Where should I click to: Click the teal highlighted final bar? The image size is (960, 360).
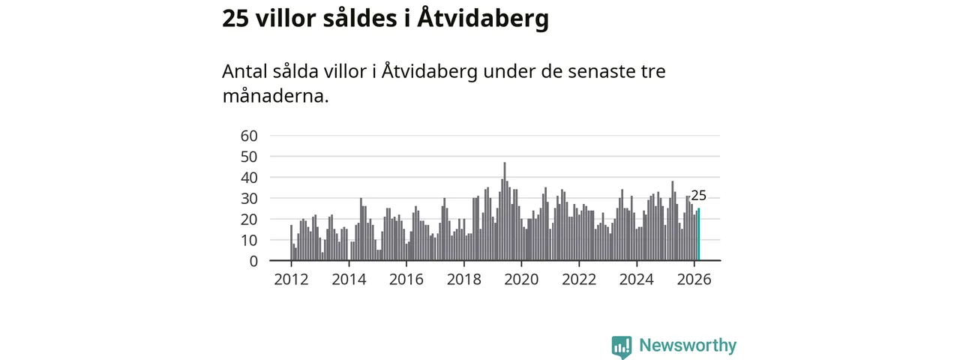click(698, 235)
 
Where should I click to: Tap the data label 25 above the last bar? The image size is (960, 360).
click(698, 196)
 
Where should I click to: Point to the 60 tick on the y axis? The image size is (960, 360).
click(249, 136)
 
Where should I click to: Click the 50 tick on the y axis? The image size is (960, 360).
click(249, 157)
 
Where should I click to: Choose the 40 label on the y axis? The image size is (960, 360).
click(249, 178)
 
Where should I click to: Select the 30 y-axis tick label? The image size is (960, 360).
click(249, 199)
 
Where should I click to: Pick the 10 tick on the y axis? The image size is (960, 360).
click(249, 240)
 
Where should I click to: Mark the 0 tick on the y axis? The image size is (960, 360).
click(253, 261)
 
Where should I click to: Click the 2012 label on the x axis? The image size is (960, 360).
click(291, 280)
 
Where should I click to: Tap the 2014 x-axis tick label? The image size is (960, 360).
click(349, 280)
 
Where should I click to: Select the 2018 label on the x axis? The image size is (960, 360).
click(463, 280)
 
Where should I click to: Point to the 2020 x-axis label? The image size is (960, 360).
click(521, 280)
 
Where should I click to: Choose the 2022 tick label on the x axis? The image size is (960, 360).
click(579, 280)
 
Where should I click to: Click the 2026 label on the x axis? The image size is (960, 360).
click(694, 280)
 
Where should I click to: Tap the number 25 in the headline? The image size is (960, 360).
click(235, 19)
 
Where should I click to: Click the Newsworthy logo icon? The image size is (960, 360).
click(621, 346)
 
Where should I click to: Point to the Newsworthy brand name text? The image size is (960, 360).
click(688, 346)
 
